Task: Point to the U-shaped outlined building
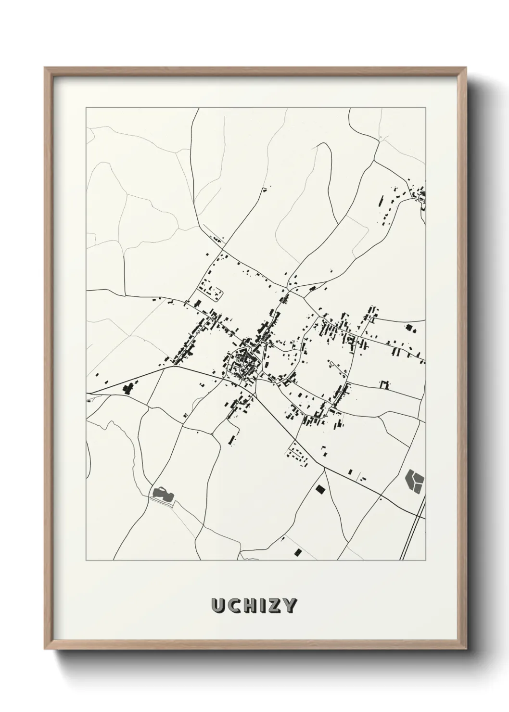click(383, 384)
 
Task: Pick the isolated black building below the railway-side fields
click(298, 551)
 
